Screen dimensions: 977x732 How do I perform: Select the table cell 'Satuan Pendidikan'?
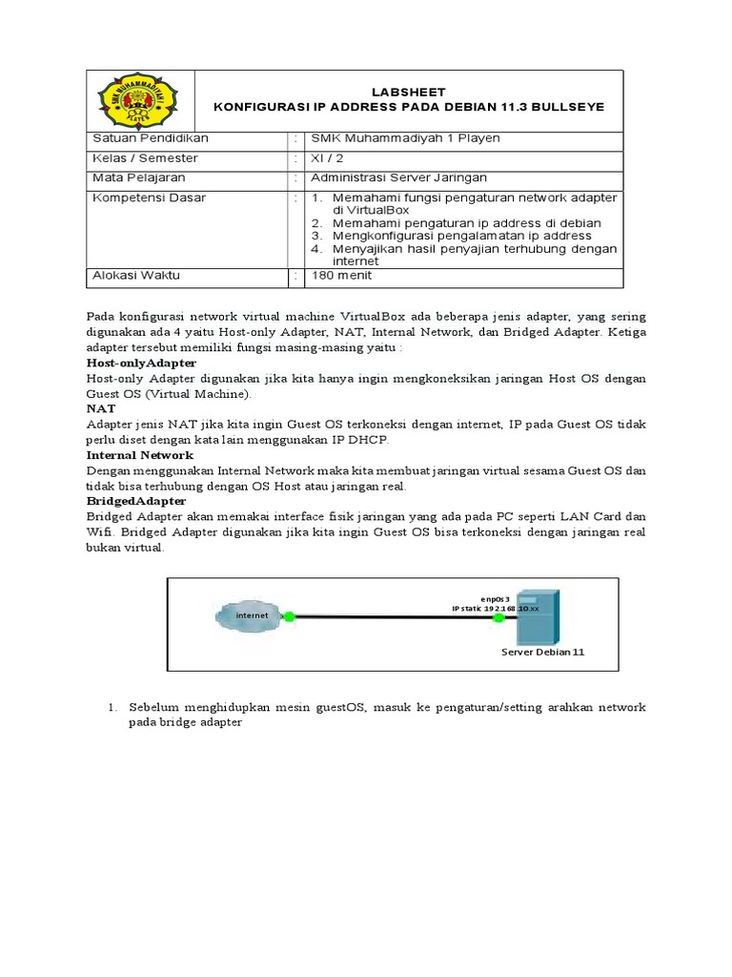coord(150,138)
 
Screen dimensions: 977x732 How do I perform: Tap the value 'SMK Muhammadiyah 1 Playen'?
coord(398,138)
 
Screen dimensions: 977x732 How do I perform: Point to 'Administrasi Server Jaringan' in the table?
coord(393,177)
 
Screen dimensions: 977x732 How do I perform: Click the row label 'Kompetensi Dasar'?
coord(148,197)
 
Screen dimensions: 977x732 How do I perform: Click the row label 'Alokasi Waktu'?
coord(135,276)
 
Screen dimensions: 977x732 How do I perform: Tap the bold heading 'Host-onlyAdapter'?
coord(141,364)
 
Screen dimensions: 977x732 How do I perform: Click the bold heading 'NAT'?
coord(100,408)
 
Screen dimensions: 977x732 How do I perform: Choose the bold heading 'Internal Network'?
coord(139,455)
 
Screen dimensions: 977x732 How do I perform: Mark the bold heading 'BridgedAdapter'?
coord(136,501)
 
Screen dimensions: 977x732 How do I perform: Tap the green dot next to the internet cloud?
coord(290,616)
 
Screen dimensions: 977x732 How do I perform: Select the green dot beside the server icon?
coord(498,617)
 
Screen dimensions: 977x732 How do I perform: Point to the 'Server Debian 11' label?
coord(542,653)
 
